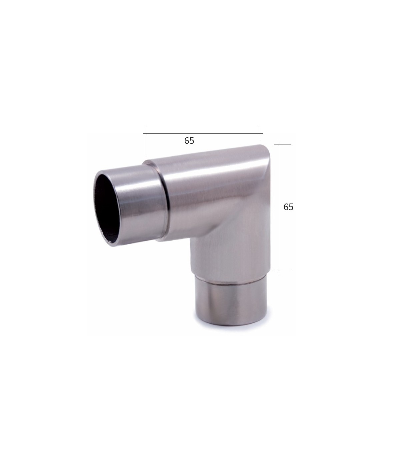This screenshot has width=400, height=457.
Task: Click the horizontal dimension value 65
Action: pyautogui.click(x=189, y=141)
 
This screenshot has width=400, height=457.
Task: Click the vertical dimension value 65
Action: pyautogui.click(x=288, y=207)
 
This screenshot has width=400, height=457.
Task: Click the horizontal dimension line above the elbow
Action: pyautogui.click(x=202, y=133)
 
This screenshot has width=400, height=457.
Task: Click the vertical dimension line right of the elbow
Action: pyautogui.click(x=279, y=208)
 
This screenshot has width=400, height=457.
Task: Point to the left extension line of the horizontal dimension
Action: pyautogui.click(x=146, y=141)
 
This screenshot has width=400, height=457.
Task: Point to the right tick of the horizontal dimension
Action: pyautogui.click(x=259, y=134)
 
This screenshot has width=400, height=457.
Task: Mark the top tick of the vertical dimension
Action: pyautogui.click(x=282, y=145)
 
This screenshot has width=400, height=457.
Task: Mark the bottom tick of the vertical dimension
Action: pyautogui.click(x=282, y=270)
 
